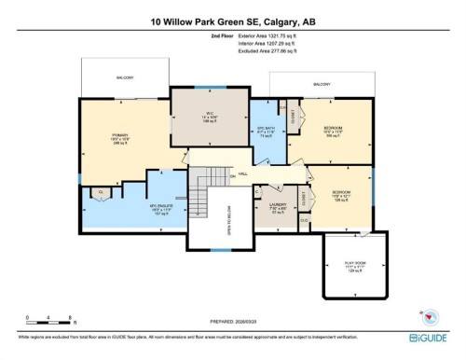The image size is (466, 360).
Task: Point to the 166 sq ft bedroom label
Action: coord(333,131)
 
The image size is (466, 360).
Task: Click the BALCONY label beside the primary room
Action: coord(124,77)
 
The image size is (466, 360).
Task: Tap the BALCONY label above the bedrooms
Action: coord(321,84)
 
